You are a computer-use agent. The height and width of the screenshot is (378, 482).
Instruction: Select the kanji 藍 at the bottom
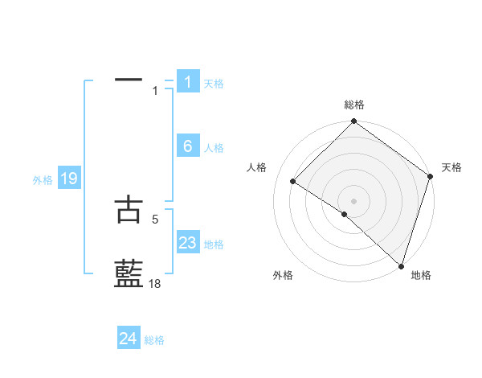tap(129, 274)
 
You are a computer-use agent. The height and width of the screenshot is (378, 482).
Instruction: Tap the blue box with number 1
tap(188, 81)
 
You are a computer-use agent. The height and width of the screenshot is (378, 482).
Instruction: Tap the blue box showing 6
tap(188, 146)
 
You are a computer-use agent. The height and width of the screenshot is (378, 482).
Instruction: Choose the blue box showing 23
tap(188, 243)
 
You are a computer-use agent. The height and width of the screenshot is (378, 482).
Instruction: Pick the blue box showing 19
tap(69, 179)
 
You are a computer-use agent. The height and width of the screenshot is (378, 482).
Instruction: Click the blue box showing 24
tap(129, 339)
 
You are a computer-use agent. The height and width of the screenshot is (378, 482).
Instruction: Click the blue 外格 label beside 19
tap(43, 180)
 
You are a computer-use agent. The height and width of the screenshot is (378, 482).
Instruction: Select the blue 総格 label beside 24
tap(154, 340)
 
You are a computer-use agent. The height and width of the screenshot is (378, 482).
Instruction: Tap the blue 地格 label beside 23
tap(214, 244)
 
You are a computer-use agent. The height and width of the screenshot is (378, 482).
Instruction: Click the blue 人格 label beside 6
tap(214, 148)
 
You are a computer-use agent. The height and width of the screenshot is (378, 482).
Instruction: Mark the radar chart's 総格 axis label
tap(354, 105)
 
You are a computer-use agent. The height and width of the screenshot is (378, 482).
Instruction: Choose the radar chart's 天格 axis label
tap(451, 167)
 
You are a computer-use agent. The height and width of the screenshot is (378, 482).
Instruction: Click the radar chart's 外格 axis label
tap(283, 275)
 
